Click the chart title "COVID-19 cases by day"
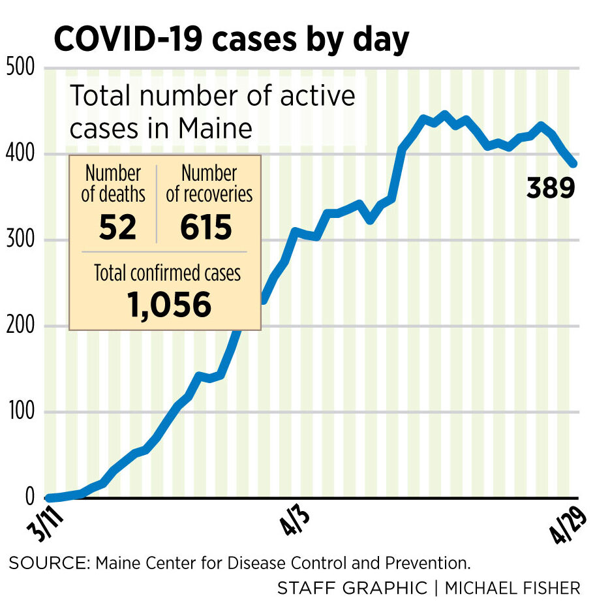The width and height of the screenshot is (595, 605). point(232,39)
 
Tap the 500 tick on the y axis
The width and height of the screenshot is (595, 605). point(21,67)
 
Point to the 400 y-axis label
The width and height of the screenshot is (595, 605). point(21,154)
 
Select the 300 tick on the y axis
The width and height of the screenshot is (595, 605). point(21,240)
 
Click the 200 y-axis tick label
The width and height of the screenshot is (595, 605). point(21,326)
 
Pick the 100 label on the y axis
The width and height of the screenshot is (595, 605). point(21,412)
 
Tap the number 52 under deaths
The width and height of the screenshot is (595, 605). point(117,227)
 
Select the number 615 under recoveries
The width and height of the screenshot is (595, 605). point(207,227)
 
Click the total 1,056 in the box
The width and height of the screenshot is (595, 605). point(165,304)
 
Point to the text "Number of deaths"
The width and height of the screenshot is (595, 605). point(113,184)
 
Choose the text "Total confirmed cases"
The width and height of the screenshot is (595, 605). point(167,272)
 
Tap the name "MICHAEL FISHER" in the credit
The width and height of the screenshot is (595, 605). point(512,588)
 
